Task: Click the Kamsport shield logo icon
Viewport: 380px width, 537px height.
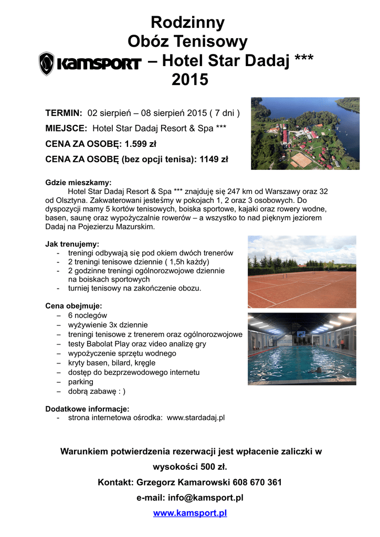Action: point(47,63)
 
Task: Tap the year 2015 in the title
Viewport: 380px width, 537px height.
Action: point(190,80)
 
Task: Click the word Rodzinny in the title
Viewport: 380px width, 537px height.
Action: point(187,23)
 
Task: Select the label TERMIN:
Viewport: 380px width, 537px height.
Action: point(64,113)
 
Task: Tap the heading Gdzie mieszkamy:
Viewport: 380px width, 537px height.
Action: point(78,182)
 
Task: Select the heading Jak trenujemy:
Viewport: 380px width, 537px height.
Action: point(72,244)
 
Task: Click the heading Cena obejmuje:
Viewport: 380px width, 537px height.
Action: point(73,306)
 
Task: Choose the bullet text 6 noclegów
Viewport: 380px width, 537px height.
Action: point(87,315)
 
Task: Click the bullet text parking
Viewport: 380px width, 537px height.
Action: point(80,382)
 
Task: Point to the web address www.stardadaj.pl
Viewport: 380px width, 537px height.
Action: point(195,417)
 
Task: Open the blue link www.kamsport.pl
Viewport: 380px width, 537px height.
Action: point(190,513)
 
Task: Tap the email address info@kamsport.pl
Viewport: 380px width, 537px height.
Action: point(205,498)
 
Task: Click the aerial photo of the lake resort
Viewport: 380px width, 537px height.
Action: point(305,133)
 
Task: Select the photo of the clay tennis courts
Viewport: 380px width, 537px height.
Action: point(302,272)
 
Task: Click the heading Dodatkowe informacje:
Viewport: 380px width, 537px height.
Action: point(87,409)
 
